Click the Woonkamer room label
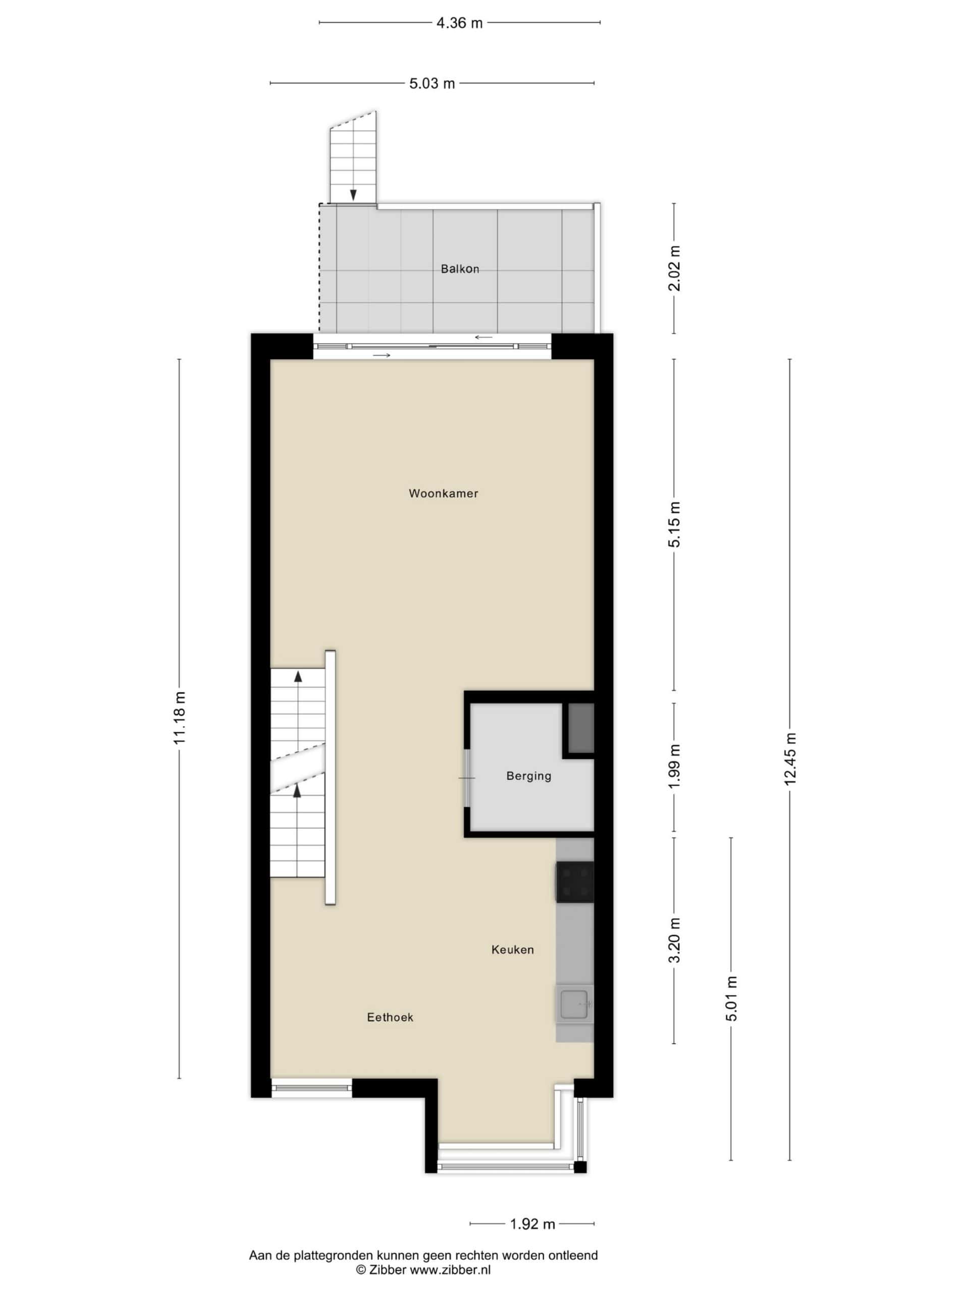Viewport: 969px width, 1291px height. [443, 493]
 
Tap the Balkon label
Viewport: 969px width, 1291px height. [460, 269]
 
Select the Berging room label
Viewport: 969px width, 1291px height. [528, 776]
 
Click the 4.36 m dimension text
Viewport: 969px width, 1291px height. [460, 23]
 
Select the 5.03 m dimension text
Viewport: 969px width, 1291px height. [432, 83]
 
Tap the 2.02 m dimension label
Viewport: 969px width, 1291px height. [675, 268]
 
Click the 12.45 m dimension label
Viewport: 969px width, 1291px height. [790, 759]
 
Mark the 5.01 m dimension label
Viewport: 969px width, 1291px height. [732, 998]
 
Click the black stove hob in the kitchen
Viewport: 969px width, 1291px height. [575, 882]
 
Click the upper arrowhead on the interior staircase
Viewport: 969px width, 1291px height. [298, 676]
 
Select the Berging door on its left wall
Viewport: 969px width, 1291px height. [467, 778]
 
